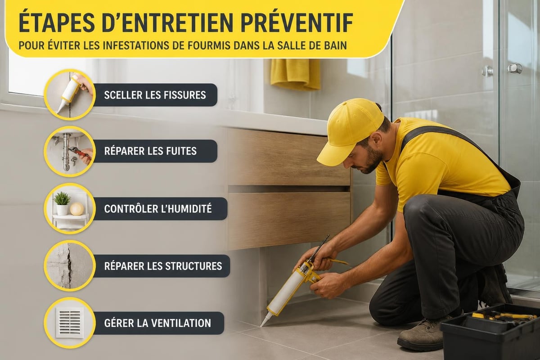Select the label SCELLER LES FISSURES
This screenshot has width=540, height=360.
pos(155,95)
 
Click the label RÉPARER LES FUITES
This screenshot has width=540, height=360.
pos(150,151)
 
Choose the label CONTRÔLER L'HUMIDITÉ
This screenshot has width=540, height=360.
pos(158,208)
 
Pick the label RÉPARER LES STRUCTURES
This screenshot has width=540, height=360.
pos(163,266)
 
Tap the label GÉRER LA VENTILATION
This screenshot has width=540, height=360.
pos(157,323)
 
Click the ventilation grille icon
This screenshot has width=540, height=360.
pos(70,323)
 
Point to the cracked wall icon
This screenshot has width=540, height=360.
pos(69,265)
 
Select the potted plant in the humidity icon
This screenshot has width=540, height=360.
pos(62,203)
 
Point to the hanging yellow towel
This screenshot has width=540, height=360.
pos(296,74)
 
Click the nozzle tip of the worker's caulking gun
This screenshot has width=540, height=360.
pos(261,325)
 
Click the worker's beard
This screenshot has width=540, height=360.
pos(373,160)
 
